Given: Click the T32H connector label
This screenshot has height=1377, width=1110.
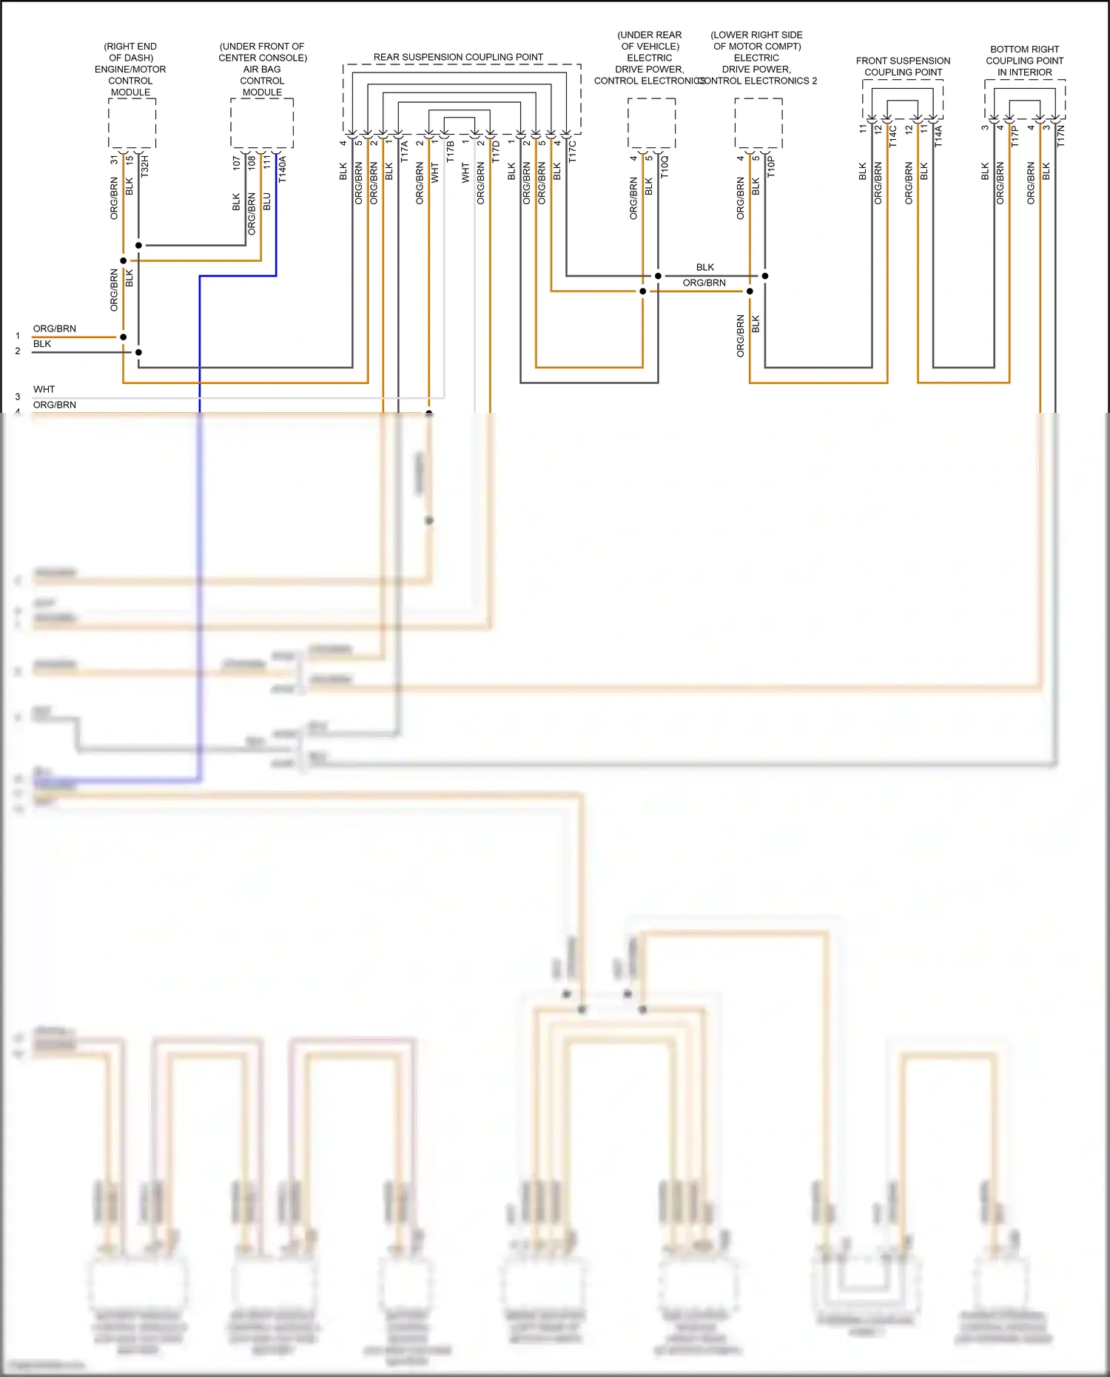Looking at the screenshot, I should pyautogui.click(x=145, y=166).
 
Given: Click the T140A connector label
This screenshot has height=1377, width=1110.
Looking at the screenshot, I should pyautogui.click(x=282, y=169).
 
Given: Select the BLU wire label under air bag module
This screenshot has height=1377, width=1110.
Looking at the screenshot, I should pyautogui.click(x=267, y=201).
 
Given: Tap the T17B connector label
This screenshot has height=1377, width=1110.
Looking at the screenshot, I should pyautogui.click(x=450, y=152).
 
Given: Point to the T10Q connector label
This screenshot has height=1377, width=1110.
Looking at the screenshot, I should pyautogui.click(x=664, y=166).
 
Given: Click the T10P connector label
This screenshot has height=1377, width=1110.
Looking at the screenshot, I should pyautogui.click(x=771, y=166).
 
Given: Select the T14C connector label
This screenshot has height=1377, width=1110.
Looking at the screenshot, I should pyautogui.click(x=893, y=136).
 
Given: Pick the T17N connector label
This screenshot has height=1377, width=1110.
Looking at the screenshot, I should pyautogui.click(x=1060, y=136).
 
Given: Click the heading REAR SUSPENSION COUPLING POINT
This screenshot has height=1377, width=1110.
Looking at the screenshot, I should pyautogui.click(x=458, y=57).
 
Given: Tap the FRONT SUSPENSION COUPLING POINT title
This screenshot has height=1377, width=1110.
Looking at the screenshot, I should pyautogui.click(x=903, y=67).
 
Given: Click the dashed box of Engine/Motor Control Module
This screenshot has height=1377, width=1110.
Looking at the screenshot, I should pyautogui.click(x=132, y=123).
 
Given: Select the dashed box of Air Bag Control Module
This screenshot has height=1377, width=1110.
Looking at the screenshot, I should pyautogui.click(x=262, y=123).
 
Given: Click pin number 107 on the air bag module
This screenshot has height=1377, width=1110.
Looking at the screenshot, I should pyautogui.click(x=236, y=163).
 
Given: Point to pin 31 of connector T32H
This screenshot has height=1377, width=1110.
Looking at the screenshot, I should pyautogui.click(x=114, y=160).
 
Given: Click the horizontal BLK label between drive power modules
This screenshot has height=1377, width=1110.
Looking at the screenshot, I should pyautogui.click(x=704, y=267).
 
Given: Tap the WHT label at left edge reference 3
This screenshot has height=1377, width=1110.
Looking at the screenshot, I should pyautogui.click(x=44, y=389).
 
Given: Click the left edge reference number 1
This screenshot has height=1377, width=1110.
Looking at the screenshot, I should pyautogui.click(x=18, y=336).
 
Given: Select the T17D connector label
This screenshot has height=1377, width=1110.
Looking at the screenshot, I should pyautogui.click(x=496, y=151).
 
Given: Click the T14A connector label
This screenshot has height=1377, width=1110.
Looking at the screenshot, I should pyautogui.click(x=938, y=136).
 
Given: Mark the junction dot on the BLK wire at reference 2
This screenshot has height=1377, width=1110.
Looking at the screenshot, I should pyautogui.click(x=138, y=352).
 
